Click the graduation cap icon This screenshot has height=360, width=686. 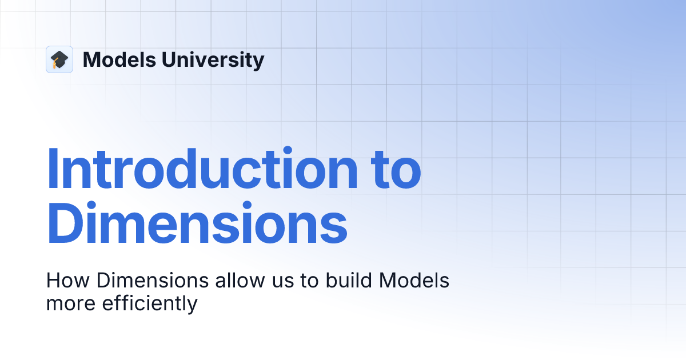click(59, 59)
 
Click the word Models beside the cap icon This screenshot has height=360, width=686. click(116, 59)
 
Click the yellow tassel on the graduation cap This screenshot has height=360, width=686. click(55, 65)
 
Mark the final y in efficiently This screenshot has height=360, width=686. click(192, 306)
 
